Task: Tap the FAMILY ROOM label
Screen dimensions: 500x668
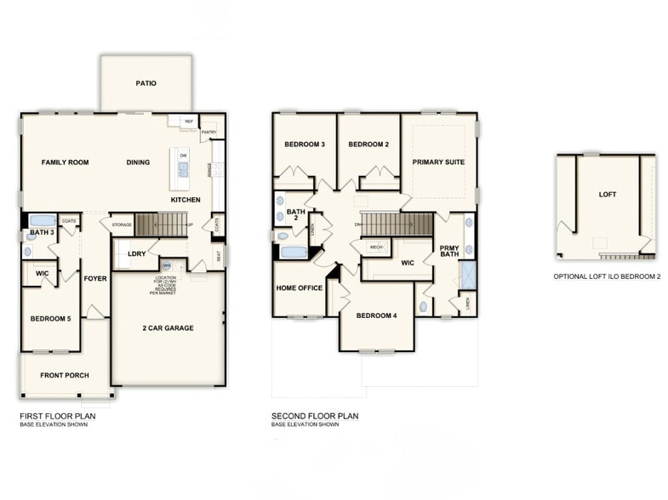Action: click(66, 162)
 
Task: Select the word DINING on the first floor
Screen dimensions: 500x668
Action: click(138, 162)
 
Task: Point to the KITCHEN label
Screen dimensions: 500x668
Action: click(186, 199)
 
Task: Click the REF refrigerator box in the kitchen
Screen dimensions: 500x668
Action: click(189, 122)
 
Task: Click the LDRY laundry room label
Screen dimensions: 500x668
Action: click(136, 253)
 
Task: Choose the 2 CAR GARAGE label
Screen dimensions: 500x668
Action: click(168, 327)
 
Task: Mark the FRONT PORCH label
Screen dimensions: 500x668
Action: click(65, 375)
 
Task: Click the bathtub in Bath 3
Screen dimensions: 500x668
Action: click(43, 220)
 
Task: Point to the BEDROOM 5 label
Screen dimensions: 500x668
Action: click(50, 318)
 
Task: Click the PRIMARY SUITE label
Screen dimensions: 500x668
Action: click(438, 162)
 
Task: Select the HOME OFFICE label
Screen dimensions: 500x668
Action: click(299, 288)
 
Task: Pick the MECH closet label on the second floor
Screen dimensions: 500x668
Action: click(376, 247)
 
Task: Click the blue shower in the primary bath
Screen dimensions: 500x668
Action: click(467, 275)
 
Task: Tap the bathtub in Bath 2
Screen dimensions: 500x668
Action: click(294, 253)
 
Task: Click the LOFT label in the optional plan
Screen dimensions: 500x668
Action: click(608, 195)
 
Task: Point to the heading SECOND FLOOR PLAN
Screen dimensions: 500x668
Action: click(315, 416)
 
